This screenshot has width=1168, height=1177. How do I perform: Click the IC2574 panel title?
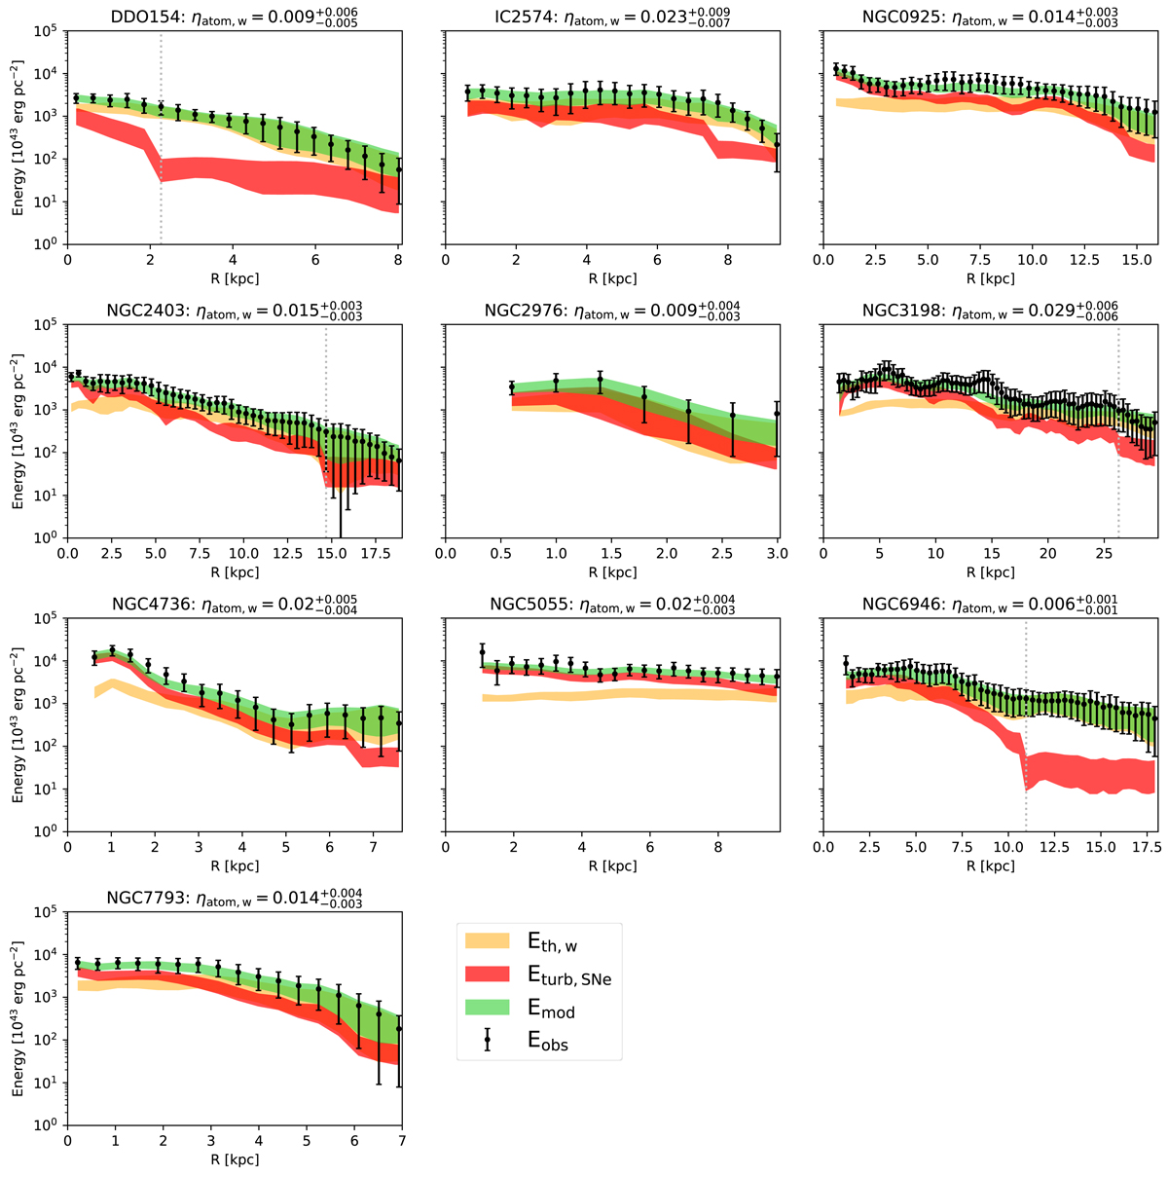(611, 17)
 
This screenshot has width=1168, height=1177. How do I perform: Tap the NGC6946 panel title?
(990, 605)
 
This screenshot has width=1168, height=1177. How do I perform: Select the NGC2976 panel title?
(611, 311)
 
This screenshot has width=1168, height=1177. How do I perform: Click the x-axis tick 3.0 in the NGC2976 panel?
(778, 554)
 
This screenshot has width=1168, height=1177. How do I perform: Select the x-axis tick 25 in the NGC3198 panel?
(1105, 554)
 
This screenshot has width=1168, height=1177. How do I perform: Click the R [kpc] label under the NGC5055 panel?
(611, 865)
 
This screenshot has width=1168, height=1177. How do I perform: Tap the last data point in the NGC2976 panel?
(777, 413)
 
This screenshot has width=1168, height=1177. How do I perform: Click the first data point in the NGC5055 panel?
(482, 651)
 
